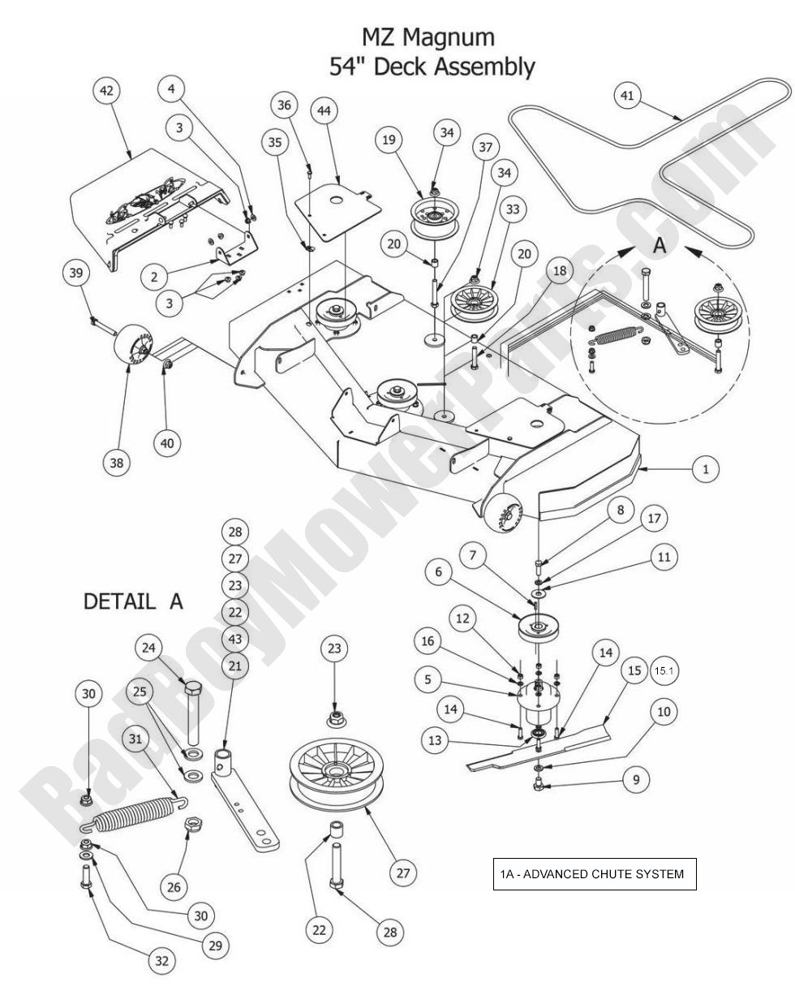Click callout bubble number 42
pyautogui.click(x=107, y=92)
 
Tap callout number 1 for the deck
pyautogui.click(x=706, y=468)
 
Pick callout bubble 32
pyautogui.click(x=161, y=961)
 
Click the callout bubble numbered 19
pyautogui.click(x=389, y=139)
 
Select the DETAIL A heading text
pyautogui.click(x=135, y=601)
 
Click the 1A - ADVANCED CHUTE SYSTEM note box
pyautogui.click(x=593, y=874)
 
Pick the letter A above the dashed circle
pyautogui.click(x=660, y=246)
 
